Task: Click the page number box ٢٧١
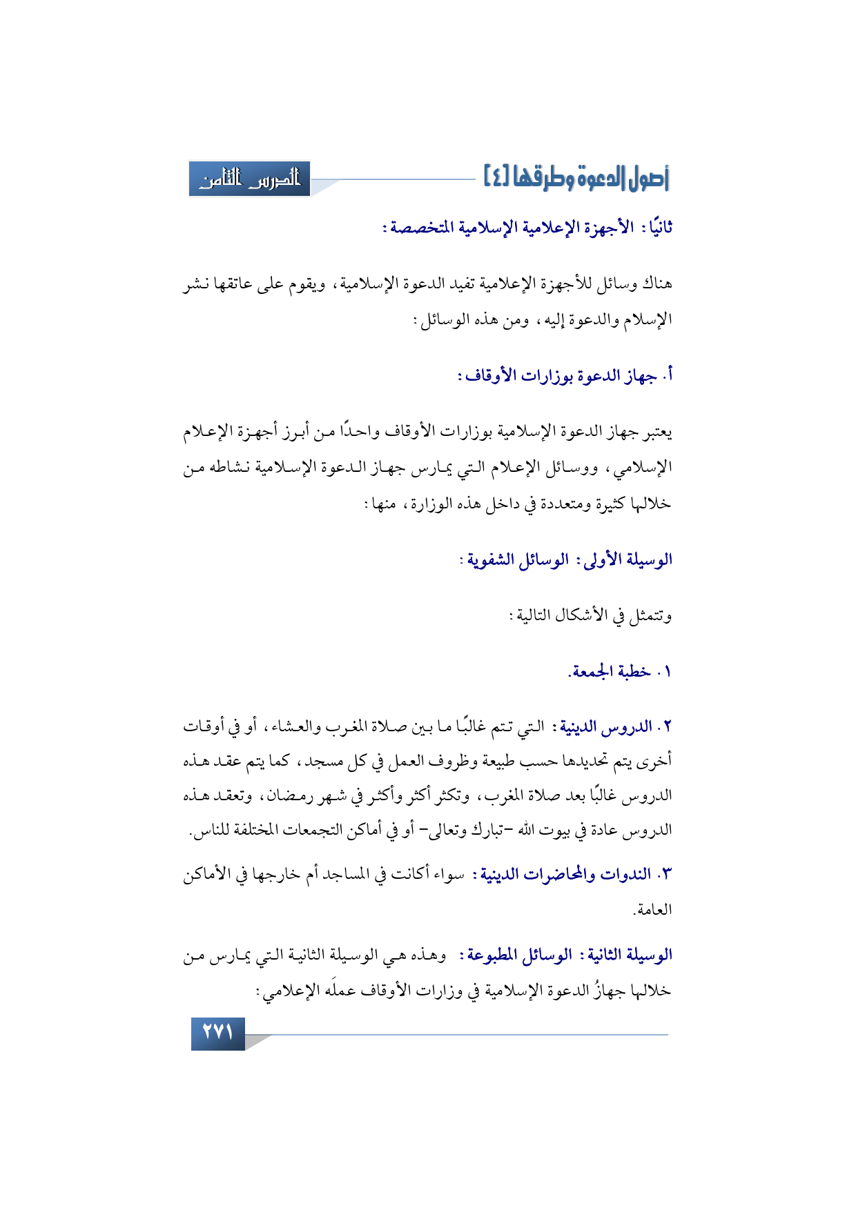click(x=217, y=1033)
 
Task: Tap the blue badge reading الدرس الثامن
click(x=250, y=179)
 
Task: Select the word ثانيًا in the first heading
click(x=656, y=228)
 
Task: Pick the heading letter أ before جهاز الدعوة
click(x=668, y=376)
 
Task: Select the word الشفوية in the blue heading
click(x=492, y=559)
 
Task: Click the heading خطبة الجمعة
click(x=610, y=671)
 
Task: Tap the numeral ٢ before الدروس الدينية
click(x=668, y=727)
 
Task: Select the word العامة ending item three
click(x=652, y=910)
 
